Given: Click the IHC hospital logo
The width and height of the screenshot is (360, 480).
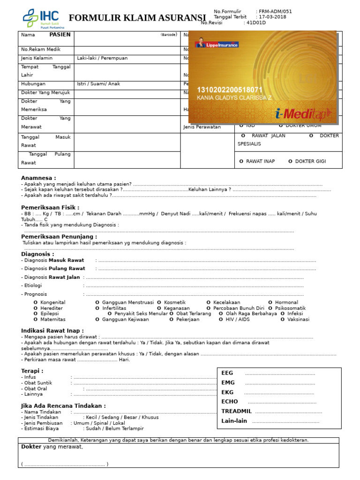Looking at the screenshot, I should [43, 18].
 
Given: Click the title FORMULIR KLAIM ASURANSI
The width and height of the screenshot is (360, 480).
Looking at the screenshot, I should [137, 18].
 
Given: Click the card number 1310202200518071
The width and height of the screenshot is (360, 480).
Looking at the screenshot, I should [230, 90].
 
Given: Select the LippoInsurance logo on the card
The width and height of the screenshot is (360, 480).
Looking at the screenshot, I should [217, 45].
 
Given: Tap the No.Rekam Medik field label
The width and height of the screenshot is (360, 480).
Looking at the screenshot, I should [41, 49].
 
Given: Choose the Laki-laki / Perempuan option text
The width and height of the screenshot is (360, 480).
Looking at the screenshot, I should [102, 58].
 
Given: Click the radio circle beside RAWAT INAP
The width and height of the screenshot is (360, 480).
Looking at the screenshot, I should [241, 161].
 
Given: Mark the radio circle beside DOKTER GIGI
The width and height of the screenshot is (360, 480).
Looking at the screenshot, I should [290, 161].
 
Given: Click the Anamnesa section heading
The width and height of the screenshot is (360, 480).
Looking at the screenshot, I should [38, 178].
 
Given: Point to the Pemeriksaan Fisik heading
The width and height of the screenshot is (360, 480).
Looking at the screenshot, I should [50, 207].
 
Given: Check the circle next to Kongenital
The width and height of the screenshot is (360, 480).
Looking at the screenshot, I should [36, 303].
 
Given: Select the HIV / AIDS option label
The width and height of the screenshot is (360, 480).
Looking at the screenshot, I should [238, 320].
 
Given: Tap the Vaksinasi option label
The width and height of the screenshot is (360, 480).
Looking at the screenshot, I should [298, 320].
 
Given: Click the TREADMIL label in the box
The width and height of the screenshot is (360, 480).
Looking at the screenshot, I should [236, 411].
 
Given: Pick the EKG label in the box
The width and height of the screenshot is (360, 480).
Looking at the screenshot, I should [227, 392].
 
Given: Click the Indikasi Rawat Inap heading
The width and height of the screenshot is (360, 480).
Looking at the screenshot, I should [52, 330].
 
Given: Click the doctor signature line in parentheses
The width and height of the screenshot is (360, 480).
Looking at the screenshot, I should [65, 465].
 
